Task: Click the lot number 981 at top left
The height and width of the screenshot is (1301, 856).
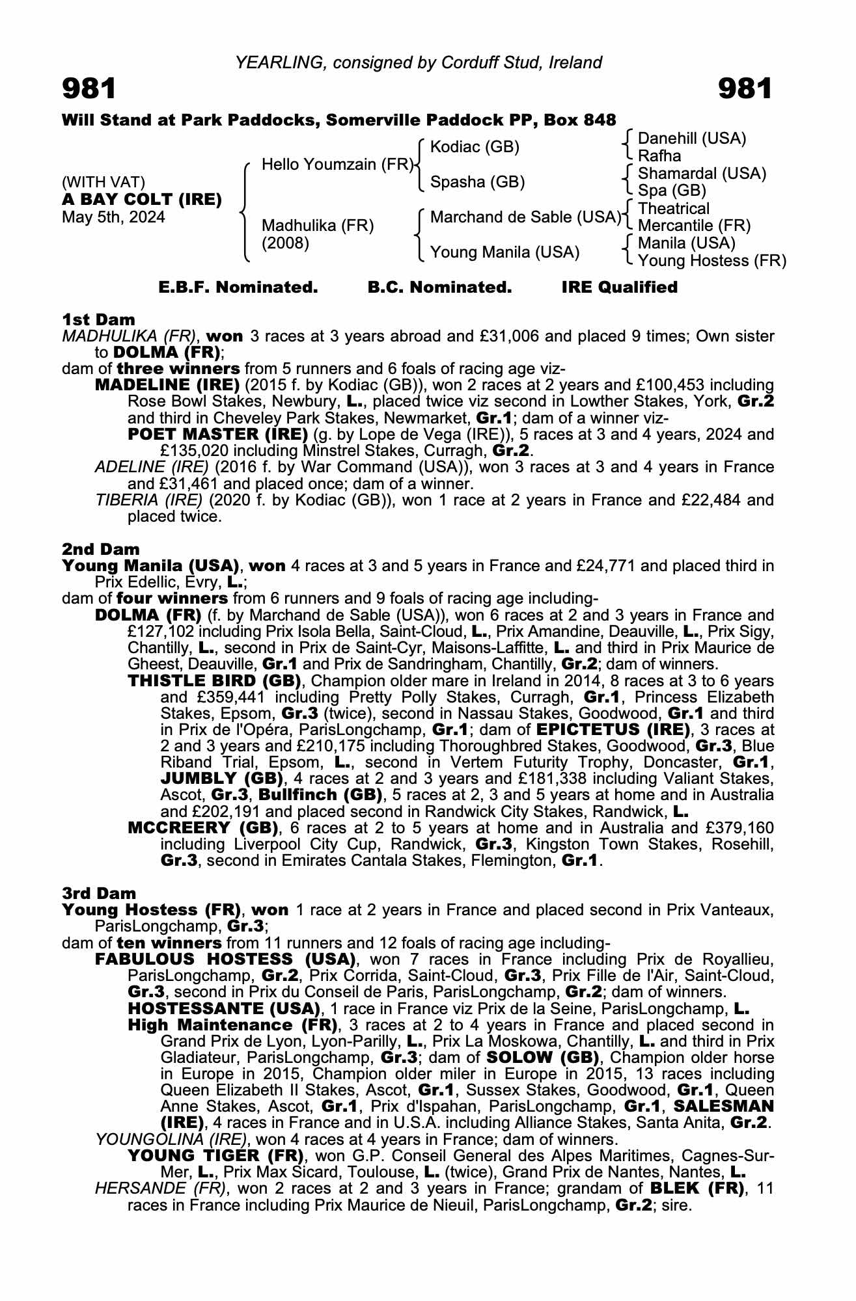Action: (x=89, y=88)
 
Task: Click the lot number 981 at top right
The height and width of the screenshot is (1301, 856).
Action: (x=745, y=88)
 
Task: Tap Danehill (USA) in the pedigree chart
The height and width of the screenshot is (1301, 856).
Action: (x=692, y=139)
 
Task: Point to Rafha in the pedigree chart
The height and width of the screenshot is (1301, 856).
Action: (x=659, y=156)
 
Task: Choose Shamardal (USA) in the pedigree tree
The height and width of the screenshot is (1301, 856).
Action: (x=702, y=174)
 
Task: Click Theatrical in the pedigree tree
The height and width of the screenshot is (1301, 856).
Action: (x=674, y=209)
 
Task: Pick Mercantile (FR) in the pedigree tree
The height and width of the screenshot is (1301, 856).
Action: (x=694, y=226)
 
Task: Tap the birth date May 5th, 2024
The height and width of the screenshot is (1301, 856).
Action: (x=113, y=217)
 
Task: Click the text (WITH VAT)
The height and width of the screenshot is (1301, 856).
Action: (x=104, y=182)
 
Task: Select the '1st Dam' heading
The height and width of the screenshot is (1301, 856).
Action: (x=99, y=319)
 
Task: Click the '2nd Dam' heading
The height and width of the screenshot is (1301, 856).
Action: (x=101, y=550)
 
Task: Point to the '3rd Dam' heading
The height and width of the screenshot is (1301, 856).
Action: (x=100, y=893)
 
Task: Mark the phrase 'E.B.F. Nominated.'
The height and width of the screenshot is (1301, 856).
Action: (x=238, y=288)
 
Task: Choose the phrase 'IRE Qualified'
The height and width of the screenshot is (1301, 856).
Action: (x=619, y=288)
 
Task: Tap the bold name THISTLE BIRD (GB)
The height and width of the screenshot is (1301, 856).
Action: (x=214, y=681)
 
